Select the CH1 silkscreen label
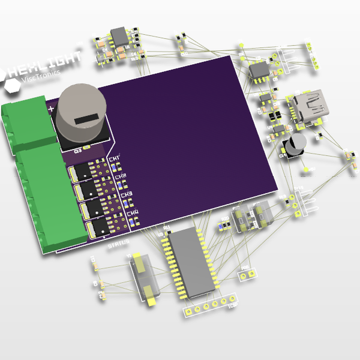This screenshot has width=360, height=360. click(x=115, y=158)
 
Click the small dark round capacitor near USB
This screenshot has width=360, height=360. click(x=295, y=146)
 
